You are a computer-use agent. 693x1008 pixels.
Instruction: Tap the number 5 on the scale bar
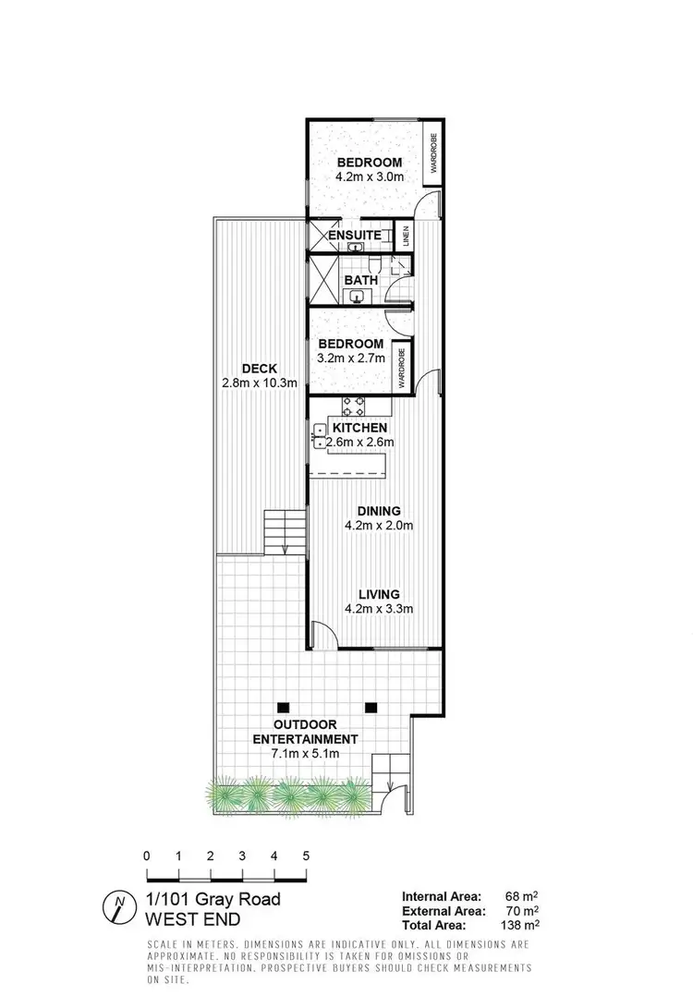tap(306, 856)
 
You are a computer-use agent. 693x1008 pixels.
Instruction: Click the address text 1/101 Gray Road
tap(213, 898)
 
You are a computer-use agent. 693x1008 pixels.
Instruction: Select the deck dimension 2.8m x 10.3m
tap(259, 382)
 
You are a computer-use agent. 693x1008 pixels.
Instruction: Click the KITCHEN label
tap(359, 429)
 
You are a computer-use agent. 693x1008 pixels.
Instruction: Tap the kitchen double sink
tap(321, 436)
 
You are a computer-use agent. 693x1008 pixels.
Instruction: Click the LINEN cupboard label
tap(404, 236)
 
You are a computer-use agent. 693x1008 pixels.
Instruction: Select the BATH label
tap(359, 279)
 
